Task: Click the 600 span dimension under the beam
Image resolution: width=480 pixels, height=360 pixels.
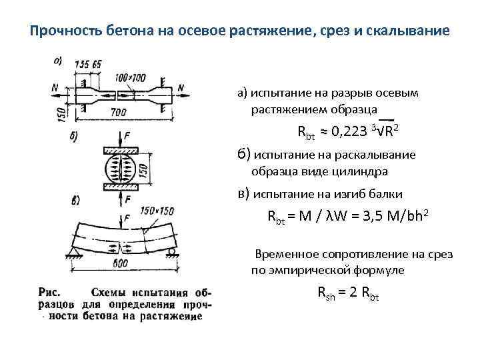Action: (x=121, y=265)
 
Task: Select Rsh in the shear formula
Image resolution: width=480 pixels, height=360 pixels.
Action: (x=325, y=295)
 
